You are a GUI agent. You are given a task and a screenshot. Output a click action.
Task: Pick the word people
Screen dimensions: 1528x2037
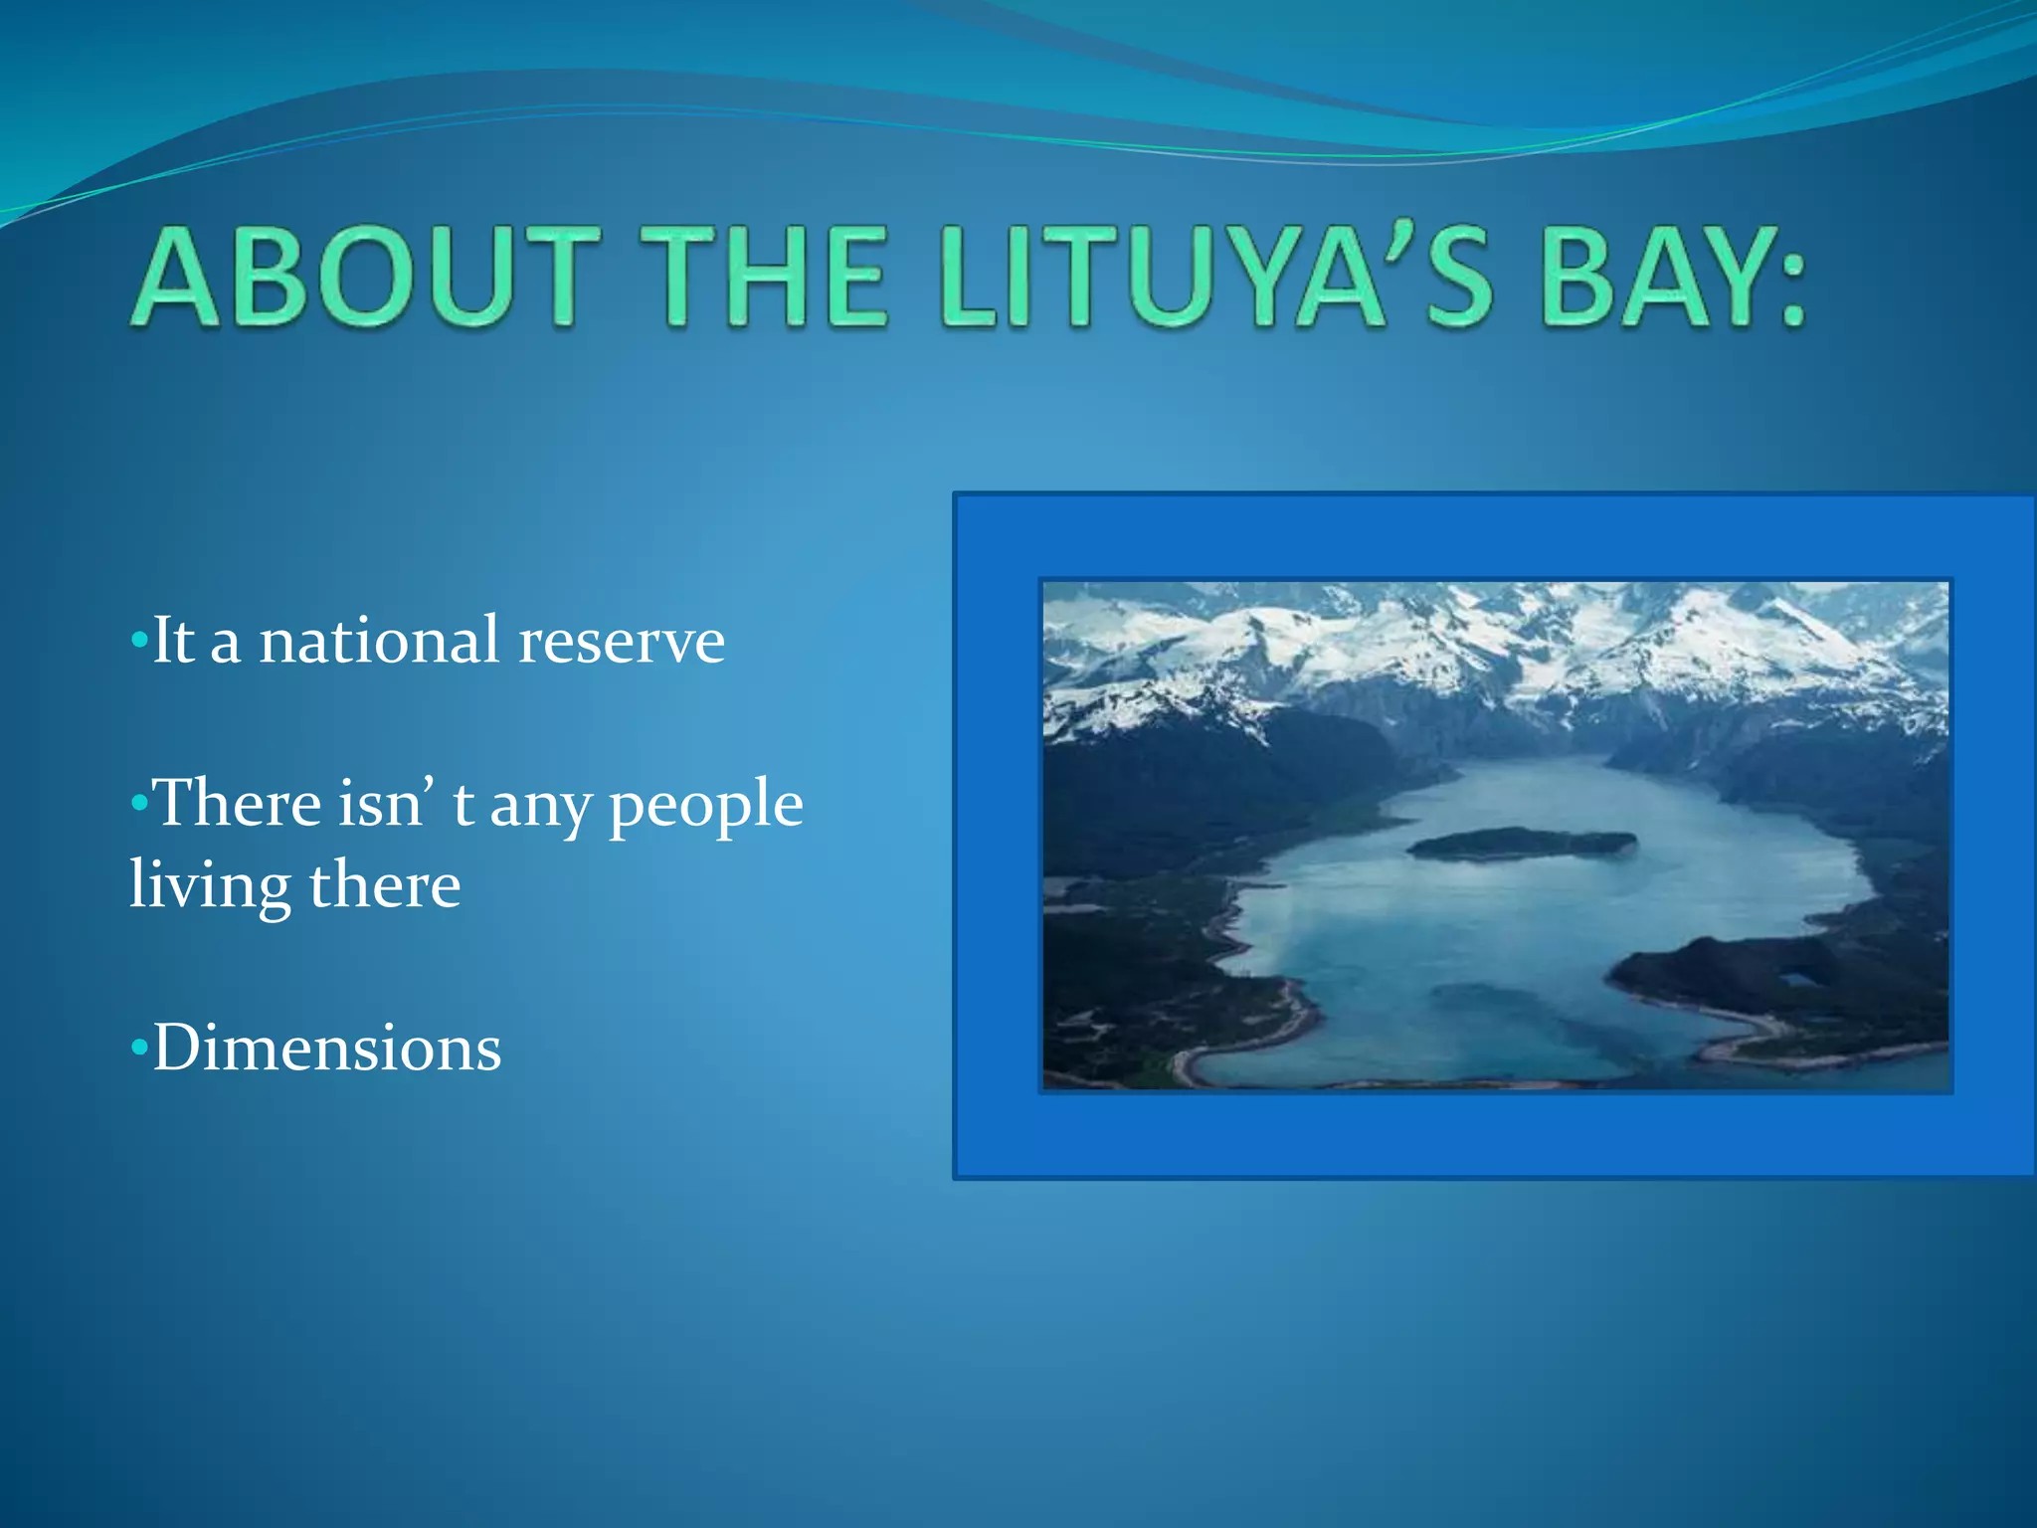coord(705,806)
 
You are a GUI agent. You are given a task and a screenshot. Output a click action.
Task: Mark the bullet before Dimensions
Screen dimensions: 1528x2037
coord(139,1049)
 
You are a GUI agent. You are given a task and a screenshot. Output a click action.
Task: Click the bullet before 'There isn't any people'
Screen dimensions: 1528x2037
coord(139,804)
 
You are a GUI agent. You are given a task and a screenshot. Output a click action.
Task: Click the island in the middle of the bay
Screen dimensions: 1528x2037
coord(1522,844)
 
